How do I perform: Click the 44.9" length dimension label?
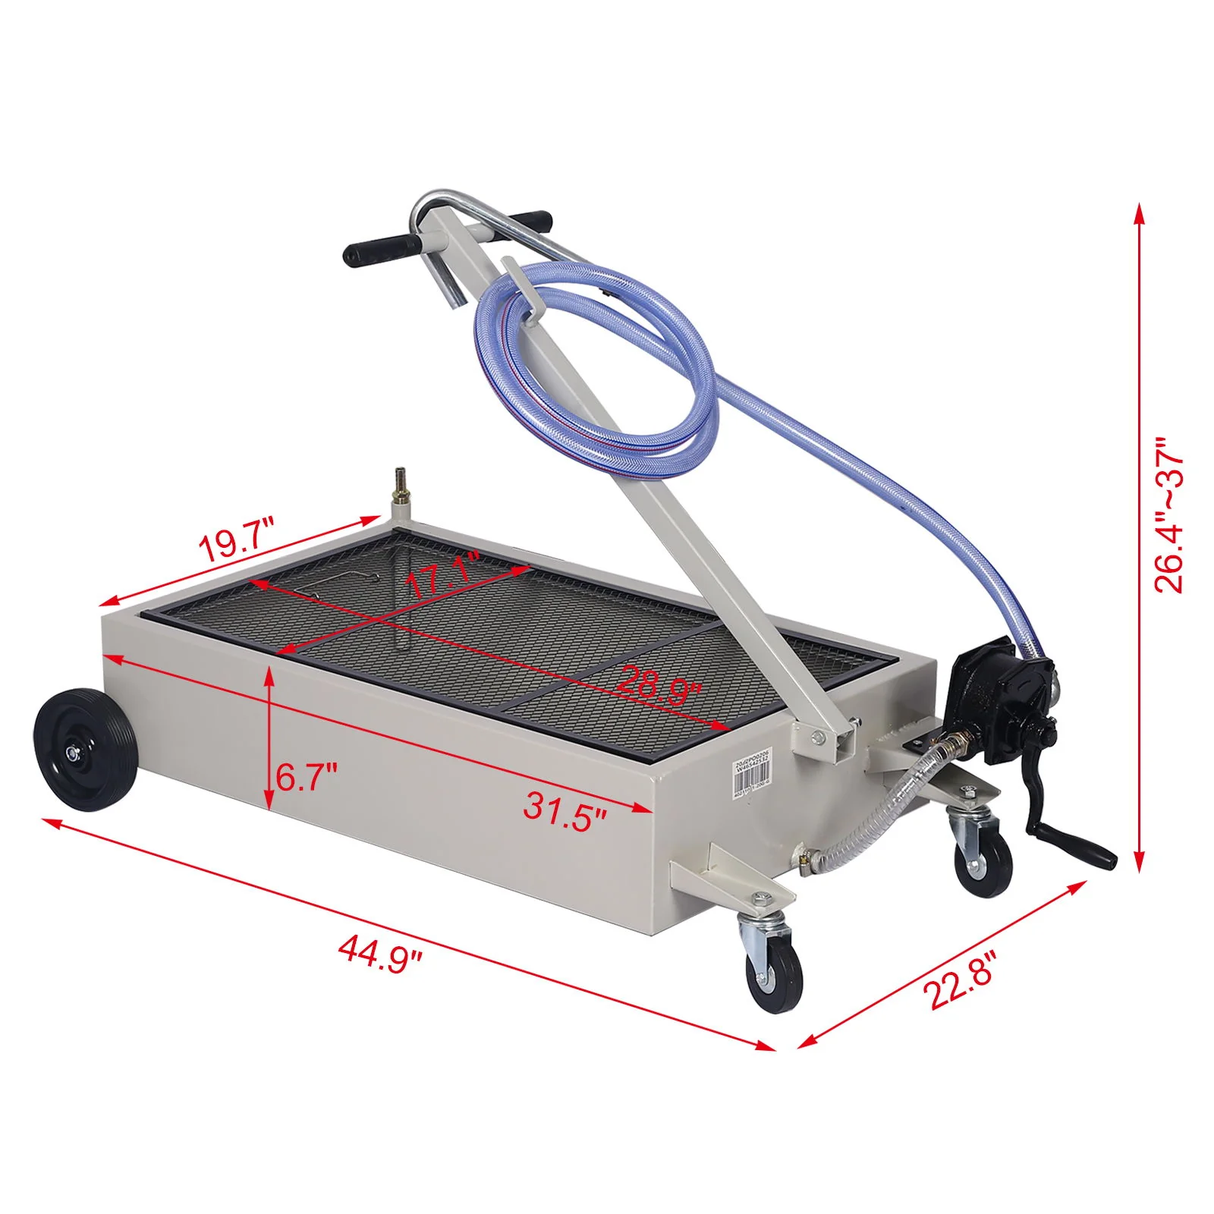point(379,950)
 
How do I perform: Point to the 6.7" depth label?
point(306,778)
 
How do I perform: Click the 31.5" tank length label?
point(565,810)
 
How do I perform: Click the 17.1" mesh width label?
point(442,577)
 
